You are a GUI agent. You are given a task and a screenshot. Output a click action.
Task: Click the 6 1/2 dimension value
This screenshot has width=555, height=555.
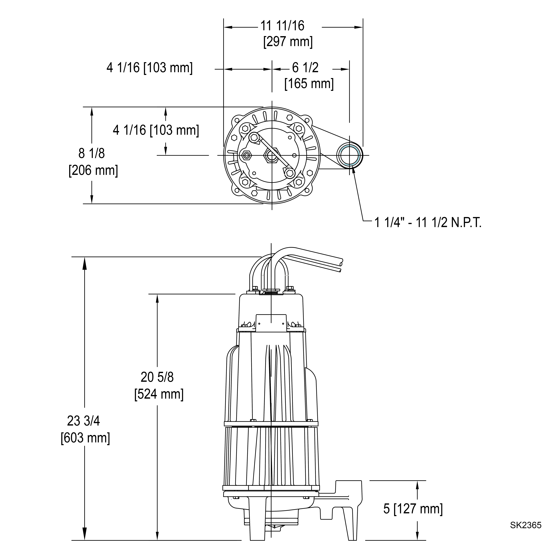pyautogui.click(x=305, y=68)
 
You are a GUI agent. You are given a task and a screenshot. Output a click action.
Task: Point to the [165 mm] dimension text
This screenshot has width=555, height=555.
pyautogui.click(x=309, y=84)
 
